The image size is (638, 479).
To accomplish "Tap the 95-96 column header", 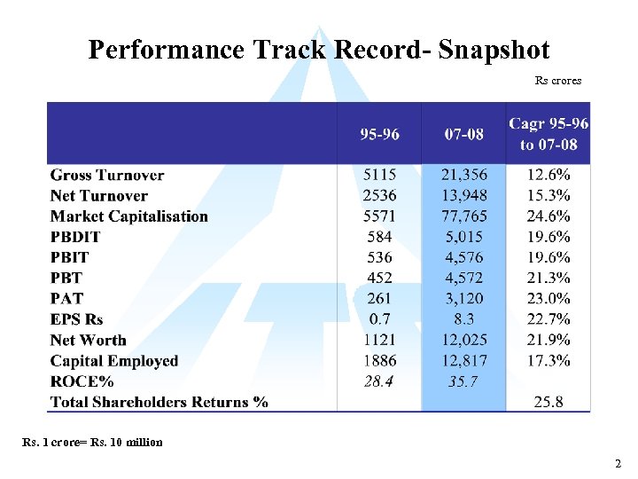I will [379, 134].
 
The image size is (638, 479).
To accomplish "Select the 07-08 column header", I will [464, 134].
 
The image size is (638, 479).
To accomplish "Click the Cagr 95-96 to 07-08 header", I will [549, 134].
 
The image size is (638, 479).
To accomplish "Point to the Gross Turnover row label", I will [107, 176].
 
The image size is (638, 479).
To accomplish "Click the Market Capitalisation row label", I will [129, 216].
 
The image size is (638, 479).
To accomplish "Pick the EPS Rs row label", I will [77, 319].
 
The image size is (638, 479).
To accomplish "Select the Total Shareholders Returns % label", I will [159, 402].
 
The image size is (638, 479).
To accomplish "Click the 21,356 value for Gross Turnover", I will [464, 176].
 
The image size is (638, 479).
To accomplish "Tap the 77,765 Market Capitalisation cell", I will [464, 216].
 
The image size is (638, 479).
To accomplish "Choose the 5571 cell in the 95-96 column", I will [379, 216].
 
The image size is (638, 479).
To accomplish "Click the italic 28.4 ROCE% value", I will [379, 381].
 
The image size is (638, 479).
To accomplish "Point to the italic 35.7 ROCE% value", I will [464, 381].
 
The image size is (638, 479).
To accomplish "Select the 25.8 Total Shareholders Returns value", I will [549, 402].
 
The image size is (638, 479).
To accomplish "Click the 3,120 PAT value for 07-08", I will [464, 299].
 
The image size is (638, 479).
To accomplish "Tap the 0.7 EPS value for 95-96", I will [379, 319].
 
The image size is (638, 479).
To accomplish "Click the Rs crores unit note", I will [558, 81].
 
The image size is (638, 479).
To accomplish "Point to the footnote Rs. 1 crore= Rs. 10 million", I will [92, 442].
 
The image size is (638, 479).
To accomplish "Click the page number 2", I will [618, 464].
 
